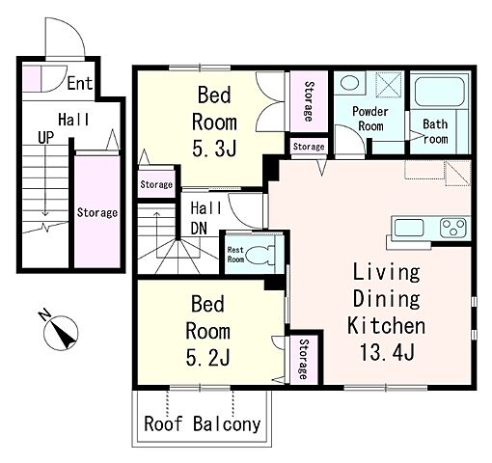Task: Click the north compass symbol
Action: point(60,331)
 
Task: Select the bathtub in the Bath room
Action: point(439,92)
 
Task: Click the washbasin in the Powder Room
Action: point(349,83)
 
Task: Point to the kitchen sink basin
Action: point(409,228)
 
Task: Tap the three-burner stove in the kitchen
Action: point(453,228)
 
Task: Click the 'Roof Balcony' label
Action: point(202,423)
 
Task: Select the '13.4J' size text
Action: point(387,352)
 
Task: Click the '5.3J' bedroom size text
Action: point(214,149)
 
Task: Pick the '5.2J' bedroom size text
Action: point(207,358)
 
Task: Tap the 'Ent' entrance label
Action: point(80,83)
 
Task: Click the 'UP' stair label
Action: point(45,138)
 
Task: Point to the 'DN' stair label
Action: point(199,229)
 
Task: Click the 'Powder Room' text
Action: point(370,119)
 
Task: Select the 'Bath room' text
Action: point(435,131)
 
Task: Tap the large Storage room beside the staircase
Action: point(97,211)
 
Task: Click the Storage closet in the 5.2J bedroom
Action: point(304,359)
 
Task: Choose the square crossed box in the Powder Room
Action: point(389,85)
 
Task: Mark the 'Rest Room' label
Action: point(235,255)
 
